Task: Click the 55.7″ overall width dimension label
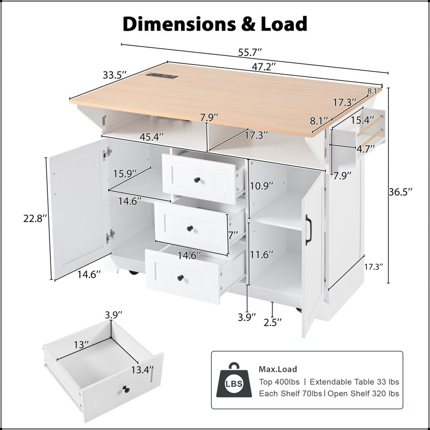click(x=250, y=52)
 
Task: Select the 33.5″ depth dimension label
click(x=114, y=75)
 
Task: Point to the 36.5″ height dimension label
click(x=400, y=192)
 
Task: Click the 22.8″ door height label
click(x=35, y=219)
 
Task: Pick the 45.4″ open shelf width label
click(x=152, y=137)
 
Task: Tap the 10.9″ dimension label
click(x=261, y=186)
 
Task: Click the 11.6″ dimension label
click(x=261, y=255)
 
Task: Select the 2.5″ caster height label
click(x=273, y=322)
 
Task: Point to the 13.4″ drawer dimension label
click(x=142, y=370)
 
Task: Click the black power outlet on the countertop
click(x=162, y=75)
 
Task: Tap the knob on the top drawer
click(x=197, y=180)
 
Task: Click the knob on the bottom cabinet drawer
click(x=180, y=278)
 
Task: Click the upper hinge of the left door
click(x=107, y=153)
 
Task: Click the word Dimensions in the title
click(x=179, y=24)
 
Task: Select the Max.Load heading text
click(x=278, y=369)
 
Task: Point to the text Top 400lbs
click(x=279, y=382)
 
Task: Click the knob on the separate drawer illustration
click(x=126, y=389)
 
